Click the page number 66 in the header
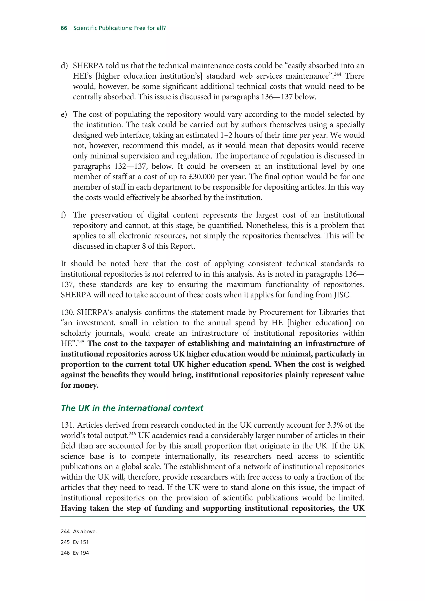click(x=64, y=28)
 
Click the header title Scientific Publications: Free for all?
click(x=119, y=28)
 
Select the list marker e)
click(x=64, y=114)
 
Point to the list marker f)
click(x=63, y=215)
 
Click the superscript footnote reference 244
click(x=338, y=74)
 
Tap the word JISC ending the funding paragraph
click(x=342, y=295)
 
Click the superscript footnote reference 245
click(x=81, y=342)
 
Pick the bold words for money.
click(x=80, y=385)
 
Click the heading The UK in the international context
click(x=132, y=408)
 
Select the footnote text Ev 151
click(x=81, y=542)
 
